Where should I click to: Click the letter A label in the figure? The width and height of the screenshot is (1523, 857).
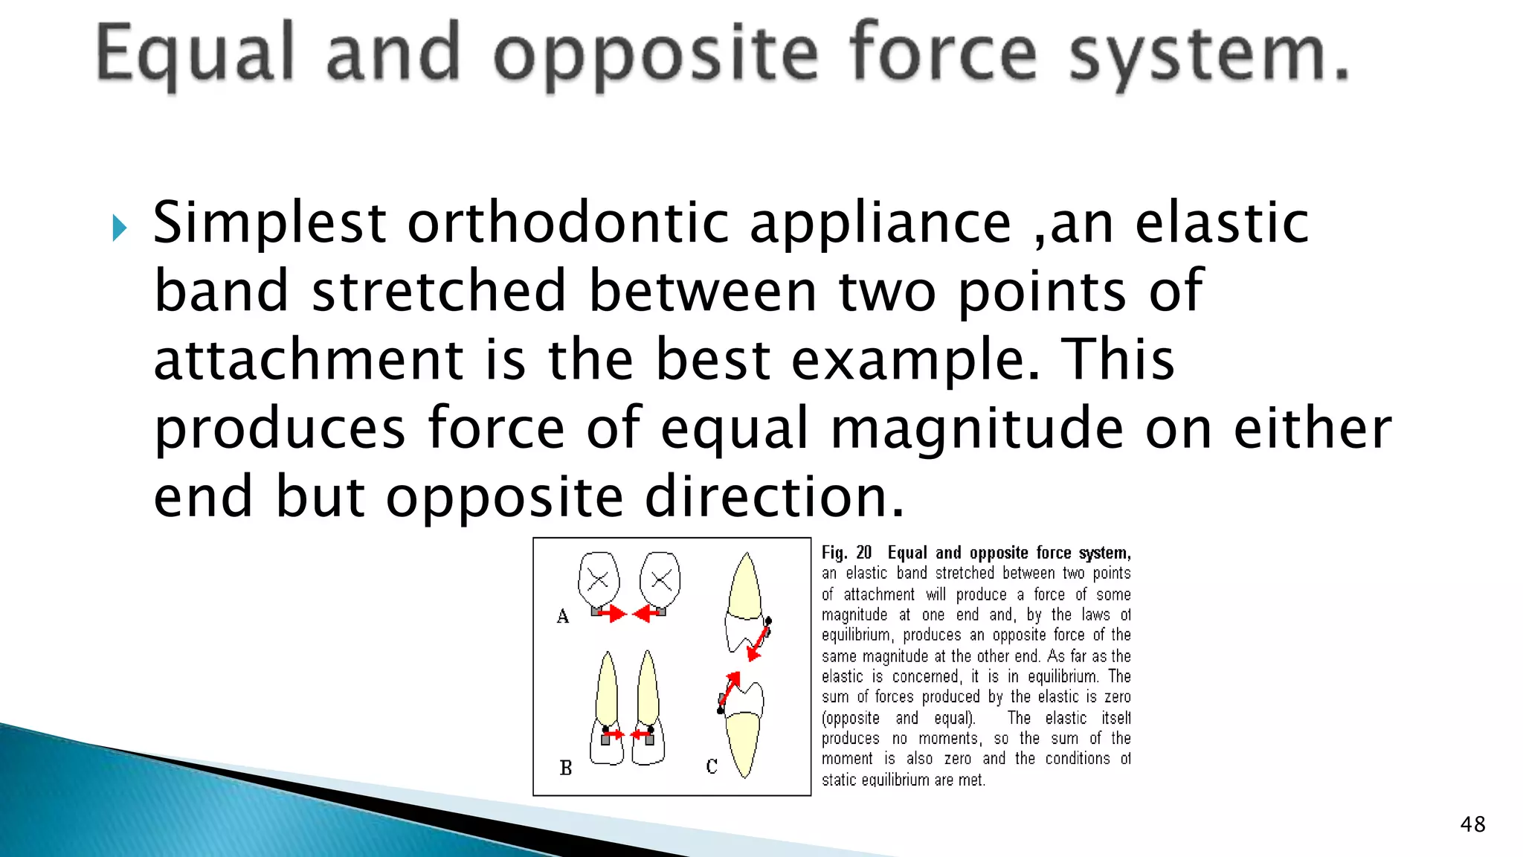(563, 616)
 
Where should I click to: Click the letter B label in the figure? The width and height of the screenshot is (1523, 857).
(566, 768)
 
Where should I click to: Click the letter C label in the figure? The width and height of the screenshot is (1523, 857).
(712, 766)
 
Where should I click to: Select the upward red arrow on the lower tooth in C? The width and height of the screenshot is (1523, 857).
(730, 686)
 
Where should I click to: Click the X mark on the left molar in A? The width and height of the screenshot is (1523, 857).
(598, 580)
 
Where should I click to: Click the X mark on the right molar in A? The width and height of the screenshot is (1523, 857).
(661, 580)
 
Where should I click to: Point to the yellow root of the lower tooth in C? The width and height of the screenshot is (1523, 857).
(744, 744)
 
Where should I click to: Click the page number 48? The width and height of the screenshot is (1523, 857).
(1472, 824)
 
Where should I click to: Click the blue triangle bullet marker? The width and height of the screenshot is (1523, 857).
(119, 228)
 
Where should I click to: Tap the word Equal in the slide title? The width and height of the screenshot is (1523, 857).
(195, 54)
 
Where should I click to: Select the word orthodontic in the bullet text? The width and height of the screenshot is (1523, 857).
(567, 223)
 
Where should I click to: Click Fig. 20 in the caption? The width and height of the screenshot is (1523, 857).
(846, 553)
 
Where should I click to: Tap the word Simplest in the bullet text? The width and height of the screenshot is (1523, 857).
(269, 223)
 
